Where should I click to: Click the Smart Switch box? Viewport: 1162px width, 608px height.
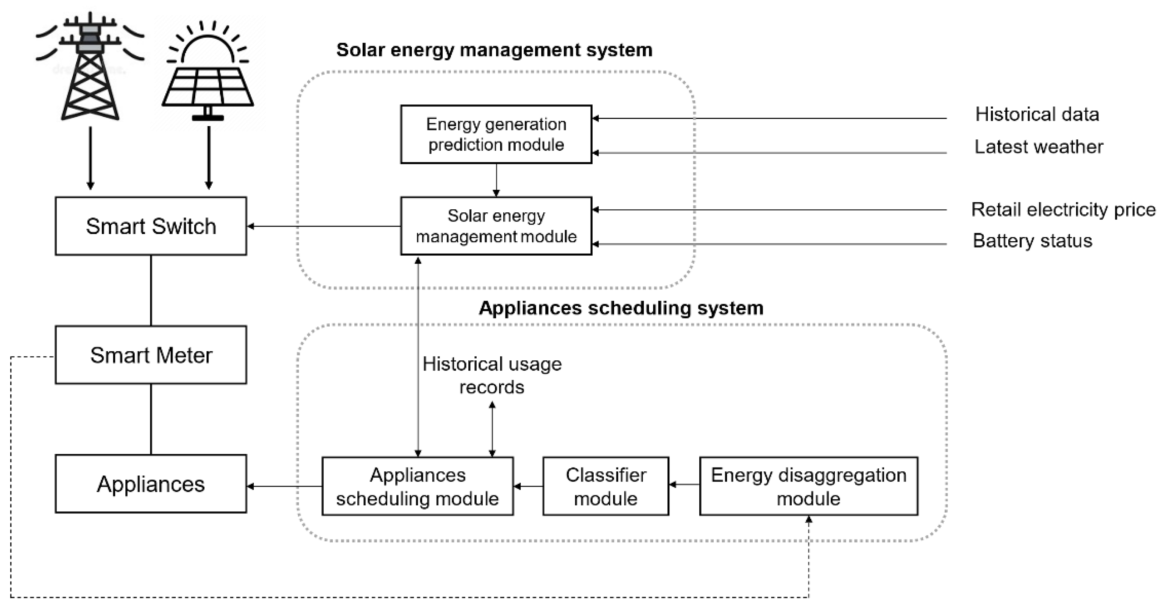click(151, 226)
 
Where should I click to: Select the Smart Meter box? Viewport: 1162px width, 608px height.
click(151, 355)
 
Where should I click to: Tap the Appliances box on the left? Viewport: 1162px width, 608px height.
click(151, 484)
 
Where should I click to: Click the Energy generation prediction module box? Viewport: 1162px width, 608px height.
click(496, 134)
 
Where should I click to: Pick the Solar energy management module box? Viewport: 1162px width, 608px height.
click(496, 226)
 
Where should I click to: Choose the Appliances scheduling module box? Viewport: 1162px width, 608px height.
click(417, 486)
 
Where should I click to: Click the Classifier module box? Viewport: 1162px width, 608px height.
click(605, 486)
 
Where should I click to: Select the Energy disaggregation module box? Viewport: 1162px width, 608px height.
click(808, 486)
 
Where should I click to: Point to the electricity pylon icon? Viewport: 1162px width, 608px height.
click(90, 68)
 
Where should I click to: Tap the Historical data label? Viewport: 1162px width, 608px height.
click(1037, 115)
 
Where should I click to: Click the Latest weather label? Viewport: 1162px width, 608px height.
click(1039, 147)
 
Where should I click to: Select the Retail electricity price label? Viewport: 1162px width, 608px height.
click(1063, 210)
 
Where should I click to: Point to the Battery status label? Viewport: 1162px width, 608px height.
click(1032, 241)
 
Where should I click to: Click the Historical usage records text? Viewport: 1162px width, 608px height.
click(492, 375)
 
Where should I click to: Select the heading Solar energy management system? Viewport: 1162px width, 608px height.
click(494, 50)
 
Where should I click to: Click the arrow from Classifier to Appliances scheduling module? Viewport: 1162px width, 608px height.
click(528, 486)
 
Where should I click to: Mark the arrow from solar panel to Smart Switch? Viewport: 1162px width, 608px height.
click(208, 158)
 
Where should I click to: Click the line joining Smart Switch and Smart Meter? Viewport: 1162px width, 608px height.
click(151, 290)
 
